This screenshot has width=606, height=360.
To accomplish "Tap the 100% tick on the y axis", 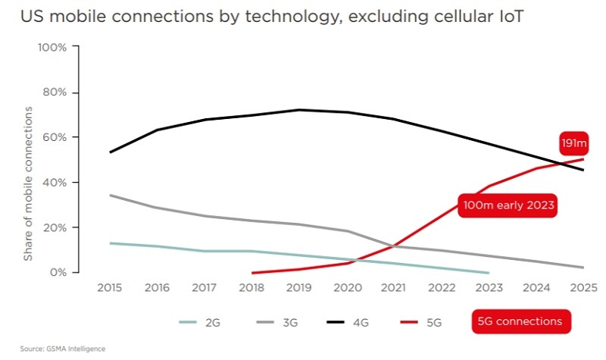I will (x=52, y=47).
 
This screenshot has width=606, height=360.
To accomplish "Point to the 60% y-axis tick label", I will (x=55, y=137).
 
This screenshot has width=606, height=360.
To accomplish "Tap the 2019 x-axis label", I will (x=299, y=288).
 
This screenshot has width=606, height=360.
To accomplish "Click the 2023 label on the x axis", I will (x=488, y=288).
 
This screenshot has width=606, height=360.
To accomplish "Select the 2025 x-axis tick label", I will (x=582, y=288).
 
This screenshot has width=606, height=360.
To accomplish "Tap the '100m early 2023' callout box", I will (x=508, y=205).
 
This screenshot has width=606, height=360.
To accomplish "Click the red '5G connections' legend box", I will (x=520, y=321).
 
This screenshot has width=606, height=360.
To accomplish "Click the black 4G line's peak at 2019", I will (x=299, y=110).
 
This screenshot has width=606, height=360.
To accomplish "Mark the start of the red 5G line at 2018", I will (x=252, y=272).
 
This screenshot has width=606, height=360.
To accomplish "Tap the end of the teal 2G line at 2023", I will (x=488, y=272).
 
